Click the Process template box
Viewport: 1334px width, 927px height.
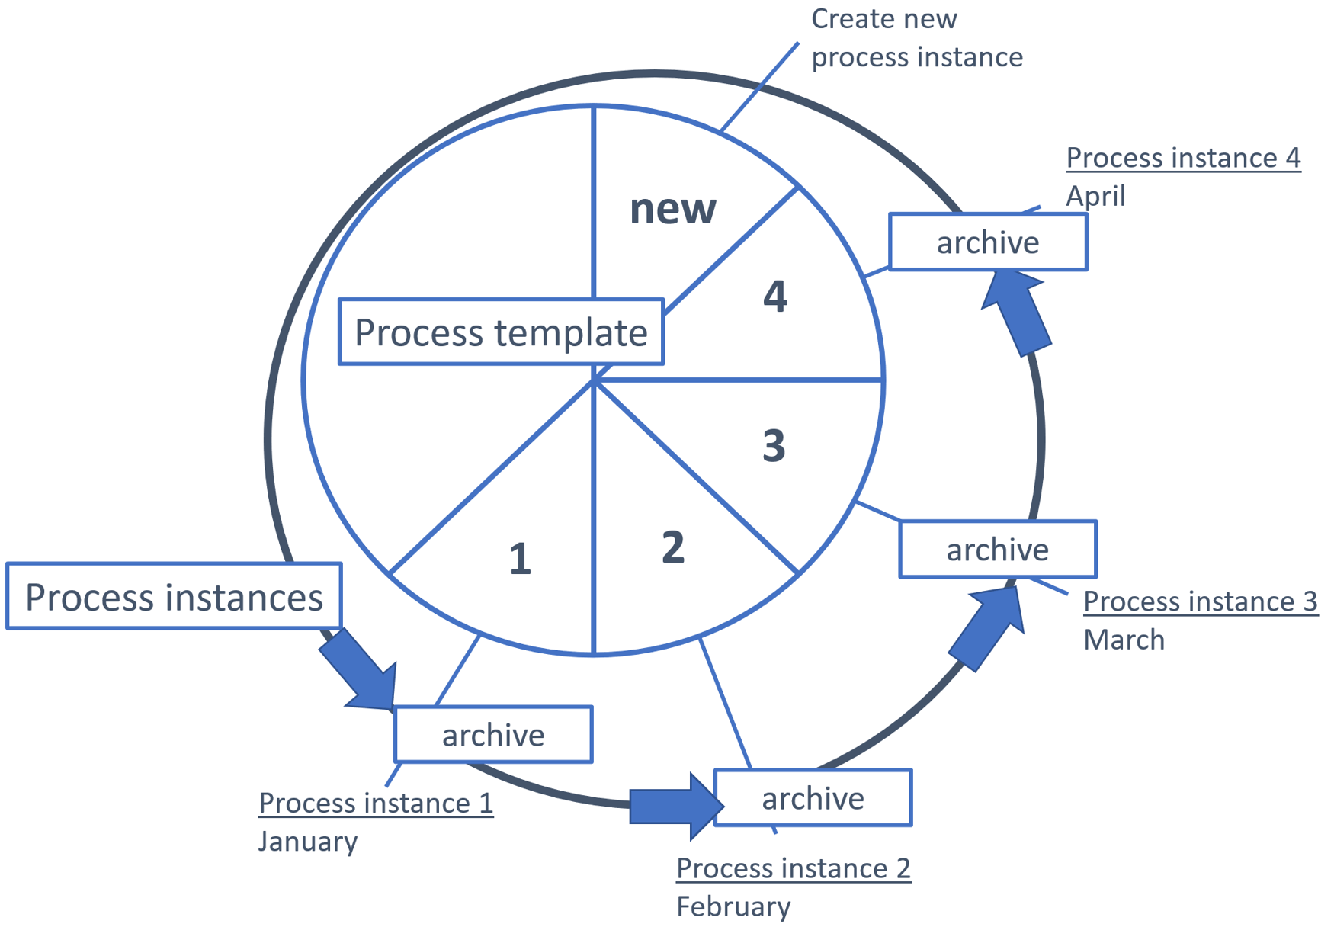(x=501, y=332)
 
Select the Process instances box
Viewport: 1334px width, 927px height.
(x=174, y=596)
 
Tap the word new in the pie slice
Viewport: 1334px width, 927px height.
(x=672, y=208)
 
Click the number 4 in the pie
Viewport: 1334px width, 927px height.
(x=774, y=296)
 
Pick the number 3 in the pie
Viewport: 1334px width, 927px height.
(x=774, y=445)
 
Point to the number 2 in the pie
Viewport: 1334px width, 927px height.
(x=672, y=547)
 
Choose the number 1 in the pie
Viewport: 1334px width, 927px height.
(x=520, y=559)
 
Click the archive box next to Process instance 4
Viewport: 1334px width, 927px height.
(x=987, y=242)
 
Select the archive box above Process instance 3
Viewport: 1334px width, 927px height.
(x=997, y=550)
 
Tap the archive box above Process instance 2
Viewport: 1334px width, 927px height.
(x=813, y=798)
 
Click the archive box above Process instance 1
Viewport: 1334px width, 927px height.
(x=493, y=735)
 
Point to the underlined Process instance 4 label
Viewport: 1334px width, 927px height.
(x=1182, y=158)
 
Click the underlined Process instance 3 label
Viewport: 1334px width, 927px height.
(x=1200, y=601)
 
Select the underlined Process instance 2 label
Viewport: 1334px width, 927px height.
(x=793, y=868)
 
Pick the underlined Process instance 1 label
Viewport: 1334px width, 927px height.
(x=376, y=803)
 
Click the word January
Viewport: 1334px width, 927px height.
(x=308, y=842)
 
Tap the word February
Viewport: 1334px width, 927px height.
(x=733, y=906)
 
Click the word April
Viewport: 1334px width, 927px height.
(x=1095, y=196)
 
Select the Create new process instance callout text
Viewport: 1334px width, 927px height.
(x=916, y=38)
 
